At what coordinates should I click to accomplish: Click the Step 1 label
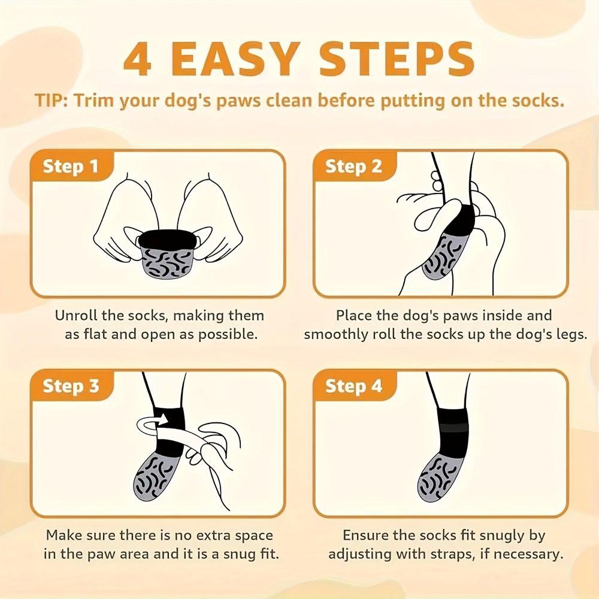click(x=71, y=167)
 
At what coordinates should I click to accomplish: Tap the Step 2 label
click(x=354, y=167)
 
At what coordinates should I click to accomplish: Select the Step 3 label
click(x=71, y=386)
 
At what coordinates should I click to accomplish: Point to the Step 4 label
click(x=354, y=386)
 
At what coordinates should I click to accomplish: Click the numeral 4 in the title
click(x=138, y=59)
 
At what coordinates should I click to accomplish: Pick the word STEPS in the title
click(x=397, y=59)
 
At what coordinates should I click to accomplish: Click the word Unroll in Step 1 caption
click(x=76, y=316)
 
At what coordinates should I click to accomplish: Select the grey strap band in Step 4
click(x=453, y=428)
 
